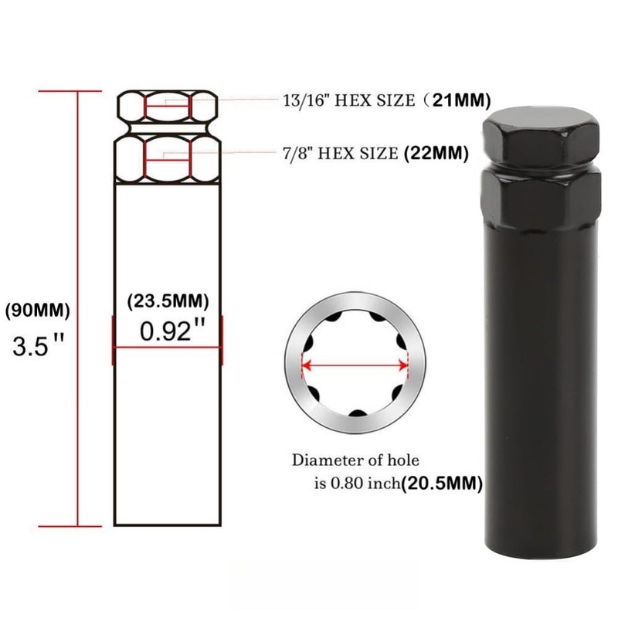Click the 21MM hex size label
click(x=461, y=100)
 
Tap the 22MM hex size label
click(x=436, y=153)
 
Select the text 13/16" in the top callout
click(x=307, y=101)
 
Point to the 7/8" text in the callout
click(x=297, y=153)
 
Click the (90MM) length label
click(x=37, y=311)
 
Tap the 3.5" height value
click(x=39, y=345)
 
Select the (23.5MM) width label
click(x=168, y=301)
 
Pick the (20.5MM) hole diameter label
click(x=442, y=484)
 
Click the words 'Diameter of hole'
click(x=355, y=460)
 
